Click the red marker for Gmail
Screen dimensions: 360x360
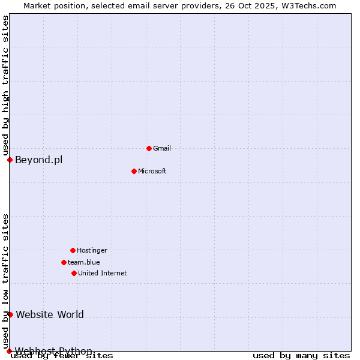tap(149, 148)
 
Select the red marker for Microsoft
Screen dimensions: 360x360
tap(134, 171)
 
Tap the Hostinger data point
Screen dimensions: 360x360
tap(73, 250)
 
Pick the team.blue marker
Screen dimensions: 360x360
tap(64, 262)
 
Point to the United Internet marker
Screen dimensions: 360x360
tap(74, 273)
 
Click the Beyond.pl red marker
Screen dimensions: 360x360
tap(10, 160)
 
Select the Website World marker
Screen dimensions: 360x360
tap(10, 314)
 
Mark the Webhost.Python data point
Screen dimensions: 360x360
tap(9, 351)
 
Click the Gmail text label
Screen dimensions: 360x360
tap(162, 148)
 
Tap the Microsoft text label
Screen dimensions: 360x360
tap(152, 171)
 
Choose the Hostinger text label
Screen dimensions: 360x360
tap(92, 250)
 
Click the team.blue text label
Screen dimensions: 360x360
tap(84, 262)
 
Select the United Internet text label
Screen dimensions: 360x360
tap(103, 273)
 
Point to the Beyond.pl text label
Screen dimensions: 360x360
tap(38, 160)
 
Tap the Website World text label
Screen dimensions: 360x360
tap(50, 314)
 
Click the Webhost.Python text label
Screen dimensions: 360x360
tap(53, 351)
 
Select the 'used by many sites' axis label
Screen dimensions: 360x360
tap(301, 356)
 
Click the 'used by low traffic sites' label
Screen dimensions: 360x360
tap(5, 281)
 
